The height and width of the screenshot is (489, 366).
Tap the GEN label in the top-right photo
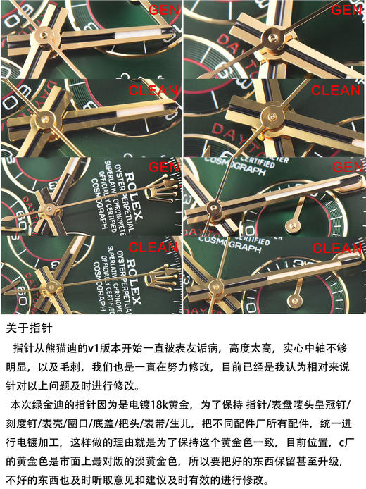[346, 10]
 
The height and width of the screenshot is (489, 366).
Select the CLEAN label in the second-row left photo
[149, 90]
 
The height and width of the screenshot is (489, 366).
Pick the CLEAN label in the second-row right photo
[336, 90]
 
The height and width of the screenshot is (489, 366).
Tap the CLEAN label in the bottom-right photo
[336, 249]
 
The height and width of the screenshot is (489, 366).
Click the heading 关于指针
[29, 328]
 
